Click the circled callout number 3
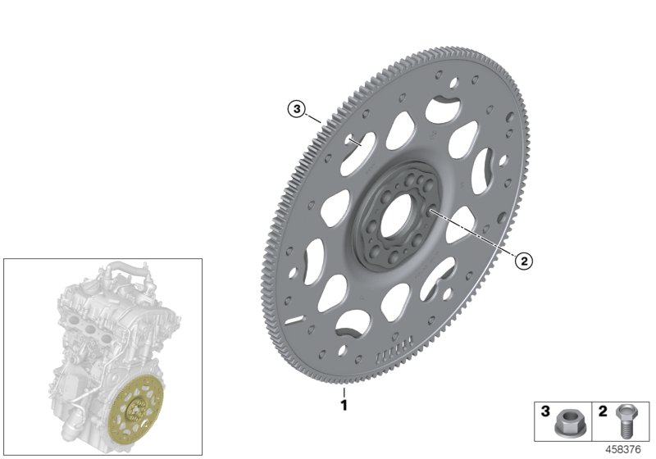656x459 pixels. pyautogui.click(x=296, y=108)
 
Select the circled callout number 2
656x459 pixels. pyautogui.click(x=522, y=261)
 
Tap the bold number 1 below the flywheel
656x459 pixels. pyautogui.click(x=344, y=405)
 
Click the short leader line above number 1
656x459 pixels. pyautogui.click(x=344, y=392)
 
